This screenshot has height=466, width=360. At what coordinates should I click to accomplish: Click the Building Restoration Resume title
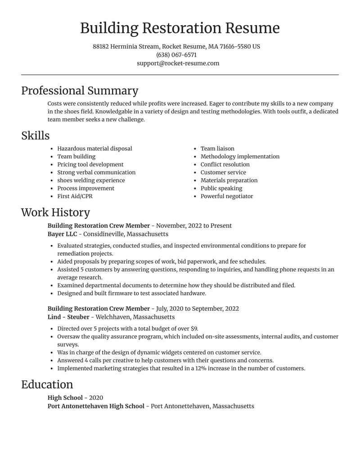pyautogui.click(x=180, y=28)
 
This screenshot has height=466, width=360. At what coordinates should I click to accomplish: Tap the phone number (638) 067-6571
pyautogui.click(x=176, y=55)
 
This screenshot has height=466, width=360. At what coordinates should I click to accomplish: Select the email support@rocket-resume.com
pyautogui.click(x=178, y=63)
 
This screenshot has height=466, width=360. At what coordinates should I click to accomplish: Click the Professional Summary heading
pyautogui.click(x=80, y=90)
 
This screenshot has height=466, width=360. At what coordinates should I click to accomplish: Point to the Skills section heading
pyautogui.click(x=35, y=136)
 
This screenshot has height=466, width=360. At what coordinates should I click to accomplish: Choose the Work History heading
pyautogui.click(x=55, y=213)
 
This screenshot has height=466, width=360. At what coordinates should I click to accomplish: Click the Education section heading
pyautogui.click(x=47, y=385)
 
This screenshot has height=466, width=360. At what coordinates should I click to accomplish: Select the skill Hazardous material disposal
pyautogui.click(x=94, y=149)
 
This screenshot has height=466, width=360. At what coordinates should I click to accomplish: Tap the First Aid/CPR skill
pyautogui.click(x=75, y=196)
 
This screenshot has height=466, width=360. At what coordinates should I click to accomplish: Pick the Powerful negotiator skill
pyautogui.click(x=227, y=196)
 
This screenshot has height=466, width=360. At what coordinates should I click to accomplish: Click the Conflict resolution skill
pyautogui.click(x=225, y=164)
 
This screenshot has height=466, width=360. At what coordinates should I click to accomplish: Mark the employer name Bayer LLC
pyautogui.click(x=62, y=234)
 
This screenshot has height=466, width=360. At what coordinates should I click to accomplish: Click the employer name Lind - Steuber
pyautogui.click(x=68, y=317)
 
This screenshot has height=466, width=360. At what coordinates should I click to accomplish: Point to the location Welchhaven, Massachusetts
pyautogui.click(x=135, y=317)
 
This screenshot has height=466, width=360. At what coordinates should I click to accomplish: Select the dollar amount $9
pyautogui.click(x=194, y=329)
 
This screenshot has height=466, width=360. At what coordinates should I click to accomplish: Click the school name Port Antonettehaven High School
pyautogui.click(x=96, y=406)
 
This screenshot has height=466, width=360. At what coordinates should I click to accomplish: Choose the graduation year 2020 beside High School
pyautogui.click(x=96, y=398)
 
